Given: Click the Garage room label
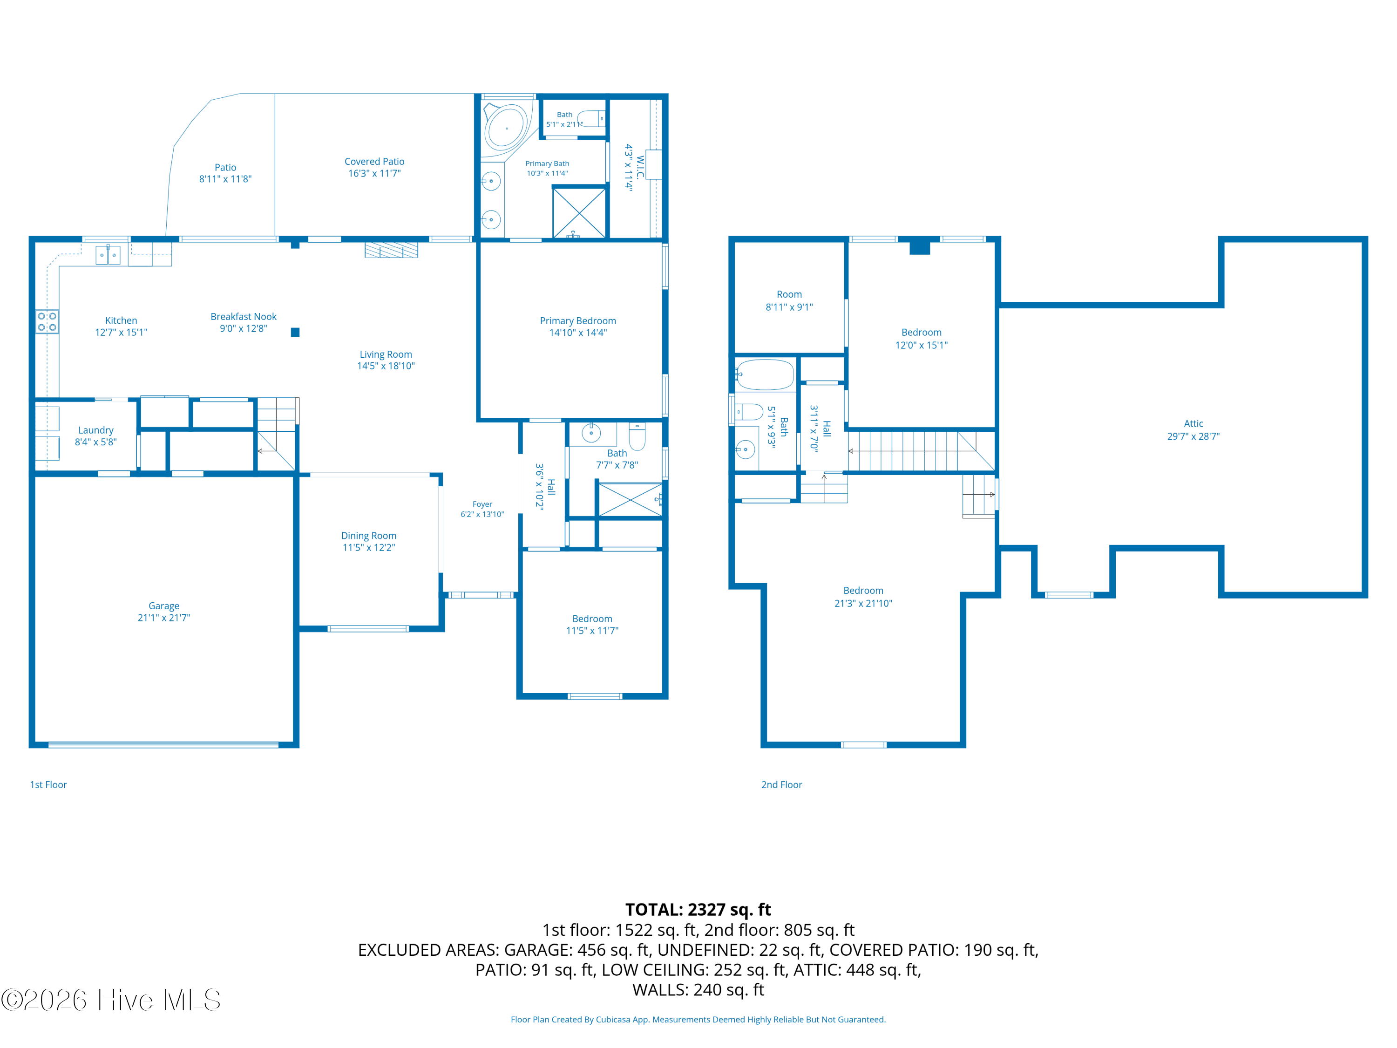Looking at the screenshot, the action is tap(163, 606).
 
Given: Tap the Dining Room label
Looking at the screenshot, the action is tap(369, 536).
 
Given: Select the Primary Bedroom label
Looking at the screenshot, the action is tap(578, 321).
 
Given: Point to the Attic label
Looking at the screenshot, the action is tap(1193, 423).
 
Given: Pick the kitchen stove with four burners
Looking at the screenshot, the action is tap(47, 321).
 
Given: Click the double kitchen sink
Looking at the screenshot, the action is tap(108, 255).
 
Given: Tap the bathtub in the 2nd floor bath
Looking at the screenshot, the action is tap(765, 374).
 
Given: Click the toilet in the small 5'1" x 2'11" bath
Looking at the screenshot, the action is tap(592, 119).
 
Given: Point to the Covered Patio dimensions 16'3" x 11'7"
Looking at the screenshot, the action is tap(374, 173).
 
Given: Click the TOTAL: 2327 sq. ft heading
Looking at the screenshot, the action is tap(698, 910).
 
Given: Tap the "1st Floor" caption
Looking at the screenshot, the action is tap(48, 784).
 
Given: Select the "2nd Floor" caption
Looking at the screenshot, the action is tap(781, 784).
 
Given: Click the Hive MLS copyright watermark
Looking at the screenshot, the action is tap(111, 1000).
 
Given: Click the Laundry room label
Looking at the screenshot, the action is tap(96, 430).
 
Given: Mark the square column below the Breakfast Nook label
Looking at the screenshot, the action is tap(295, 332).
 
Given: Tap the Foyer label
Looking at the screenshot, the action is tap(482, 504).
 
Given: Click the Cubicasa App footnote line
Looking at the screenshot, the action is tap(698, 1020).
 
